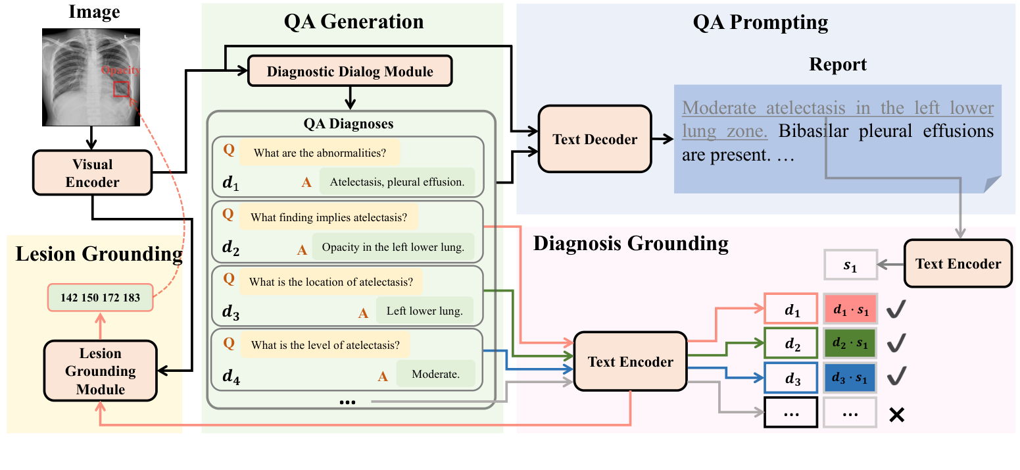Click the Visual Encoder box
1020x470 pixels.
[92, 173]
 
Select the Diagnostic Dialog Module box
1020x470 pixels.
[350, 71]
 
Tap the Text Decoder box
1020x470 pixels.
[595, 139]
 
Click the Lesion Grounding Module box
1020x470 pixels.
[100, 371]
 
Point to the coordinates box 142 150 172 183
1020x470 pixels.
[100, 298]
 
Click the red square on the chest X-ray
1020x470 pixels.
[121, 89]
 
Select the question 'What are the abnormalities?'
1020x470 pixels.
[319, 153]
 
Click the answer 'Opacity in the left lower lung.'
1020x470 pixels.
[393, 248]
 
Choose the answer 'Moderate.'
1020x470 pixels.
[435, 374]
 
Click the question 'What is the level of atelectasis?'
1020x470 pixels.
[325, 344]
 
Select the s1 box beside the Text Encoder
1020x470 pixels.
[850, 266]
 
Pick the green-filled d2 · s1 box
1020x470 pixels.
[850, 343]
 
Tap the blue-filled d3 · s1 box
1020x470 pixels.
[850, 379]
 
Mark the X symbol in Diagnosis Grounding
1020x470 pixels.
[896, 415]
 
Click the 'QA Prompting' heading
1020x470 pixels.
[760, 23]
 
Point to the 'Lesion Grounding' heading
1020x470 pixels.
[99, 254]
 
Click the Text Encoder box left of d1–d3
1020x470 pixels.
[630, 361]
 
